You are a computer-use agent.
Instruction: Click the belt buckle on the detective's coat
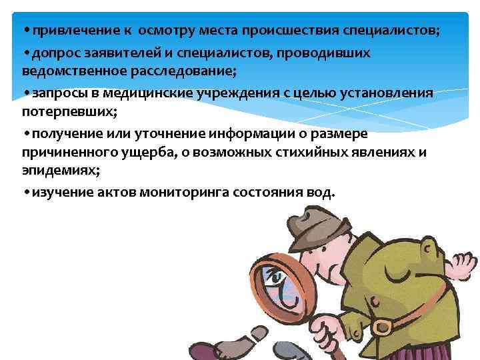[381, 326]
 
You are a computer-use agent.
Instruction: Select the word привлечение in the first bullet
[67, 31]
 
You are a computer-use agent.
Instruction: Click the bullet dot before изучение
[25, 192]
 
